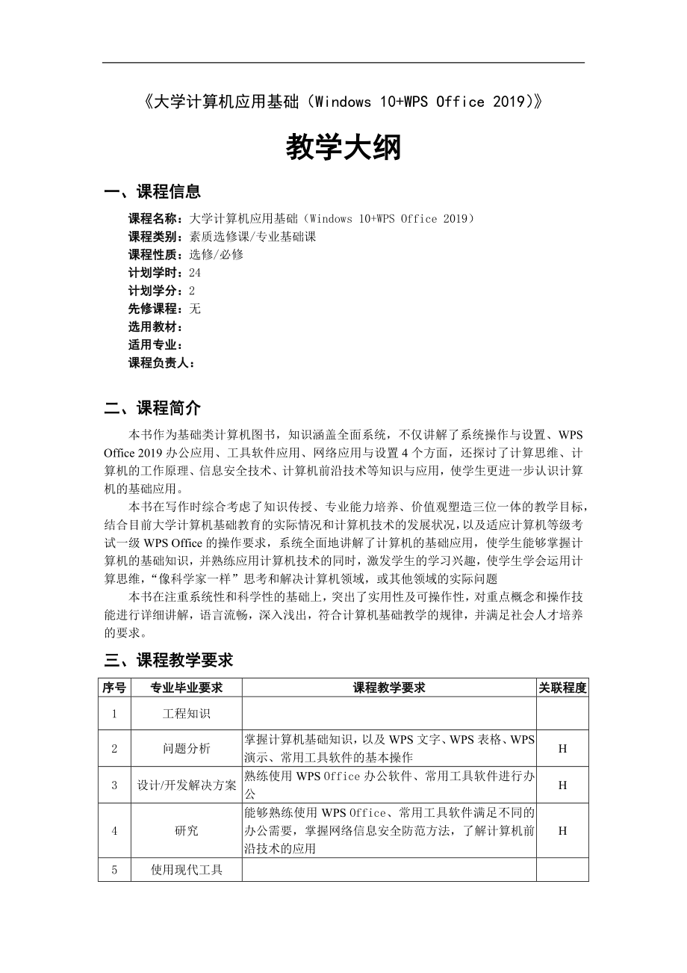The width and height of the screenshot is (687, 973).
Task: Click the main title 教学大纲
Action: click(x=343, y=148)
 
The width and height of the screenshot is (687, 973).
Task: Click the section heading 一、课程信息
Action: click(x=152, y=192)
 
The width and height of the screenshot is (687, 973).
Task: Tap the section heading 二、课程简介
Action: click(x=152, y=408)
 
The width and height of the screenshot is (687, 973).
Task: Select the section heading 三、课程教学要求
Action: click(x=169, y=660)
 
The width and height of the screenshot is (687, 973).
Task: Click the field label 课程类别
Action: click(x=153, y=236)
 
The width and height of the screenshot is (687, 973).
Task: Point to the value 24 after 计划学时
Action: click(x=196, y=273)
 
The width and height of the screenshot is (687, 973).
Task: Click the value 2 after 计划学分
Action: click(x=192, y=291)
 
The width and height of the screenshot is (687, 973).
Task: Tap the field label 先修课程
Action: click(x=153, y=309)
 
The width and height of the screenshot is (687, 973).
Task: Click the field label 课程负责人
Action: click(x=159, y=363)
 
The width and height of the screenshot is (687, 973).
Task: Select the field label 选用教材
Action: click(x=153, y=327)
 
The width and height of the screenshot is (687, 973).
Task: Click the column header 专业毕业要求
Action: click(x=186, y=688)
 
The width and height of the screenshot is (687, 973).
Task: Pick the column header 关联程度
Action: click(x=562, y=688)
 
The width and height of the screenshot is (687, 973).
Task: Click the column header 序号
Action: click(x=114, y=688)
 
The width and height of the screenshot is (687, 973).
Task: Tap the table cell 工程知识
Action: click(x=186, y=714)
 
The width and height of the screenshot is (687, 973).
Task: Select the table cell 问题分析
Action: click(x=186, y=748)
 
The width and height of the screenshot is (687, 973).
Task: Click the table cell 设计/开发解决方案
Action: click(x=186, y=785)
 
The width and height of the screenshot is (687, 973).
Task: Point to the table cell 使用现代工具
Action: click(x=186, y=870)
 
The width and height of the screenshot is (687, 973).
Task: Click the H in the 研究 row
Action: click(x=562, y=830)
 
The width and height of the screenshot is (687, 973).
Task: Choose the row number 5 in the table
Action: click(x=114, y=870)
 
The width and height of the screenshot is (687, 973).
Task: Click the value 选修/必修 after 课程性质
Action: click(x=217, y=254)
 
